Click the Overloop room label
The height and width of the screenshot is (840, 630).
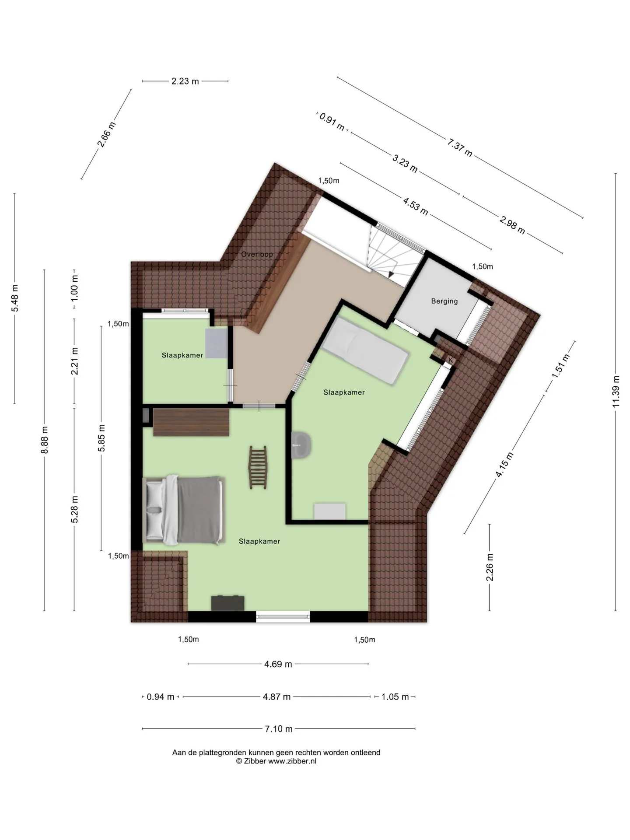click(x=257, y=254)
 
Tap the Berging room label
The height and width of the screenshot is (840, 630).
click(x=444, y=301)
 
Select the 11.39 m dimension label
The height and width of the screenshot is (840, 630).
click(x=616, y=392)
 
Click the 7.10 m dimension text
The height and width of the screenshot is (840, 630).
click(x=279, y=729)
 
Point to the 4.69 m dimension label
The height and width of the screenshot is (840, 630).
click(x=278, y=664)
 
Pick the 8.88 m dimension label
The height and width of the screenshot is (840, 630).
click(x=44, y=440)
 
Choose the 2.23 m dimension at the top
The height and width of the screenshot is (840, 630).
click(x=185, y=81)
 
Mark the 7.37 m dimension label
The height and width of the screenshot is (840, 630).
click(x=460, y=147)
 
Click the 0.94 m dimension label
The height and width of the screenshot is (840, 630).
click(x=161, y=697)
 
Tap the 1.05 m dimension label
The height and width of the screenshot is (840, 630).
click(x=395, y=697)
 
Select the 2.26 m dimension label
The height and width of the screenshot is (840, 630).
click(x=490, y=567)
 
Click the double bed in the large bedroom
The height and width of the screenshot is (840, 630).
click(x=185, y=510)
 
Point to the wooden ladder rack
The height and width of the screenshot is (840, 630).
click(x=258, y=467)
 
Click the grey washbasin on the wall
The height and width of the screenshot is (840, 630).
click(x=301, y=445)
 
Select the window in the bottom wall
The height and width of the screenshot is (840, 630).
click(x=283, y=617)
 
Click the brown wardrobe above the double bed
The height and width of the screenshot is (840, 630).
click(x=191, y=422)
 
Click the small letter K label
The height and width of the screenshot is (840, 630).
click(x=451, y=360)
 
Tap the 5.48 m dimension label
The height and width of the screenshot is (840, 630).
click(x=15, y=298)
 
